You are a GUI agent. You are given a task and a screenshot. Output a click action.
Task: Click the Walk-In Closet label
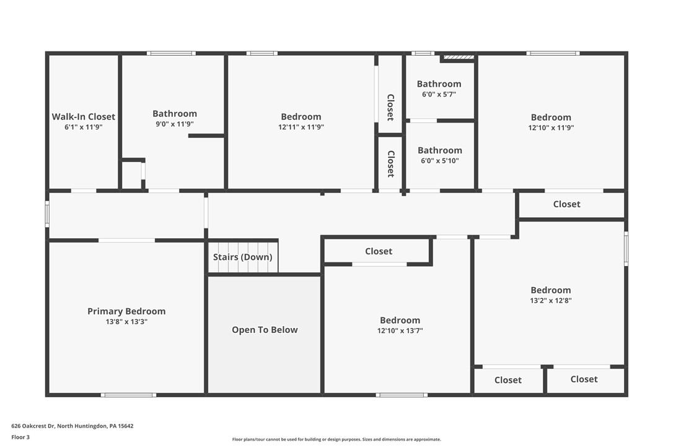(x=83, y=116)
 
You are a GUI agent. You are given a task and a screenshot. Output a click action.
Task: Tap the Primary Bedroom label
(x=126, y=311)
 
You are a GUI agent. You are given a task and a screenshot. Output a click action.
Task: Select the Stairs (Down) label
(x=242, y=257)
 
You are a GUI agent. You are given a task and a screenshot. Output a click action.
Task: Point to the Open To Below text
(x=265, y=330)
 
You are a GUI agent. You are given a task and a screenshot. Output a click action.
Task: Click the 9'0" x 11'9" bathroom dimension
(x=175, y=124)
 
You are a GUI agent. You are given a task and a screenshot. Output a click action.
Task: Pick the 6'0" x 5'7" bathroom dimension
(x=439, y=95)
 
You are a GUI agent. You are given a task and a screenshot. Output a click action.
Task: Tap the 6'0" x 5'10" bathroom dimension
(x=439, y=161)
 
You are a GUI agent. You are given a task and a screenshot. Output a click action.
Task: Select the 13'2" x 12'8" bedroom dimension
(x=550, y=301)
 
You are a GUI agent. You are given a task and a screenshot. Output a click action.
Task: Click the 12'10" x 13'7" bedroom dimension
(x=400, y=331)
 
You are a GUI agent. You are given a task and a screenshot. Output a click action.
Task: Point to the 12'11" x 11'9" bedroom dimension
(x=301, y=127)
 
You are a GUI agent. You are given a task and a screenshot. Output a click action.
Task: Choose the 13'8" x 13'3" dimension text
(x=126, y=322)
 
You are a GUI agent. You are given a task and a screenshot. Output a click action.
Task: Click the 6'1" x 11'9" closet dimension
(x=83, y=127)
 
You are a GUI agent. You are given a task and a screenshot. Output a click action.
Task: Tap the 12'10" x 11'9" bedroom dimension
(x=551, y=128)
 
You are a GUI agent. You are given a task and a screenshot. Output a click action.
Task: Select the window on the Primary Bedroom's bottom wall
(x=128, y=394)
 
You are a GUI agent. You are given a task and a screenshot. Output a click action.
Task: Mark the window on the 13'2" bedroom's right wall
(x=626, y=248)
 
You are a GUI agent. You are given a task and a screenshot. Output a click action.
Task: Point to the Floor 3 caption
(x=20, y=437)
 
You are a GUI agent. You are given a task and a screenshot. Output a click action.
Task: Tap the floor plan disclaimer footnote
(x=336, y=439)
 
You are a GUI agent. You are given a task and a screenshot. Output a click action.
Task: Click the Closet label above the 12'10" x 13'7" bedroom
(x=378, y=251)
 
